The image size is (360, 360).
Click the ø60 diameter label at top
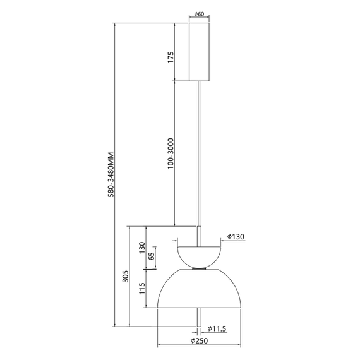pyautogui.click(x=199, y=14)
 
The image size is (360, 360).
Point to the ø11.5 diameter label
pyautogui.click(x=216, y=328)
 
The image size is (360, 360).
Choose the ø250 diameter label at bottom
pyautogui.click(x=200, y=342)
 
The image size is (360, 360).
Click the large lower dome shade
pyautogui.click(x=199, y=291)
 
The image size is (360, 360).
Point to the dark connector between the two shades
pyautogui.click(x=199, y=269)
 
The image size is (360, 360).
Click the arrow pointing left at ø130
pyautogui.click(x=222, y=240)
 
